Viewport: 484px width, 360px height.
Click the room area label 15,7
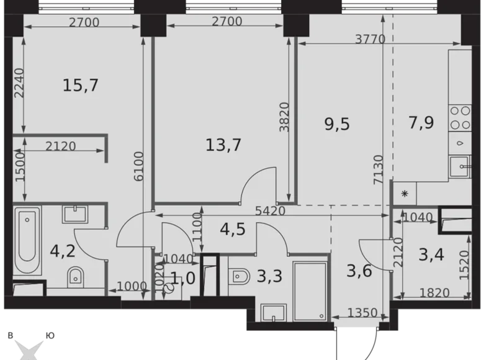click(81, 85)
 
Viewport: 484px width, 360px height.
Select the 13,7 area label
click(223, 145)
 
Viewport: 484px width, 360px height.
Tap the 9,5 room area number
click(336, 124)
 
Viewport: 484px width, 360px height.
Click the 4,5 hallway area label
click(233, 229)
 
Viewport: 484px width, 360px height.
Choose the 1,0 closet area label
click(182, 277)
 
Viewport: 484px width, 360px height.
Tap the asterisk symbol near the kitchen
click(405, 194)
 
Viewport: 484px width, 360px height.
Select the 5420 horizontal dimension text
click(269, 211)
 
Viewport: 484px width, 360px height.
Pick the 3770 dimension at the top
click(370, 39)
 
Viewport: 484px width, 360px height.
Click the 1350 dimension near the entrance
click(362, 312)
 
